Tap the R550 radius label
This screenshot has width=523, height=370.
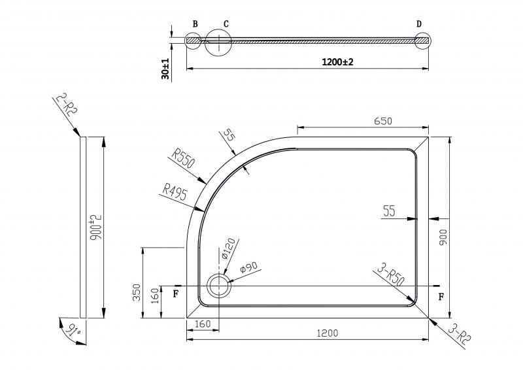[183, 158]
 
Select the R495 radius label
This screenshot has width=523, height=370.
[175, 192]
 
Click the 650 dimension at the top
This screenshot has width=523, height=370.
[382, 121]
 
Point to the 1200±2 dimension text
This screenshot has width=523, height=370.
[337, 61]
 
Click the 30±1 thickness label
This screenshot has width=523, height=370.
[165, 69]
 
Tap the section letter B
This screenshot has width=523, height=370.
[195, 24]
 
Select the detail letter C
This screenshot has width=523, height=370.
[226, 24]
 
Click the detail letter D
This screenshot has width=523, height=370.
[419, 24]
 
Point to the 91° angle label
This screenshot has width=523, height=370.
[73, 330]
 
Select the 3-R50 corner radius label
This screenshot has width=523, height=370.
[390, 275]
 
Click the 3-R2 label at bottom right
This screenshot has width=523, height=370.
[460, 334]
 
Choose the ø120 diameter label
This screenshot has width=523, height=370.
[229, 248]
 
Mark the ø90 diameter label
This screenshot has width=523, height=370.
[249, 268]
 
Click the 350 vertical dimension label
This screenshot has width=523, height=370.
[137, 292]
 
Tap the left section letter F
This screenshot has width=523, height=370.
[176, 294]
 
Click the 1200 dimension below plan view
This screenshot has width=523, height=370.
[328, 333]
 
